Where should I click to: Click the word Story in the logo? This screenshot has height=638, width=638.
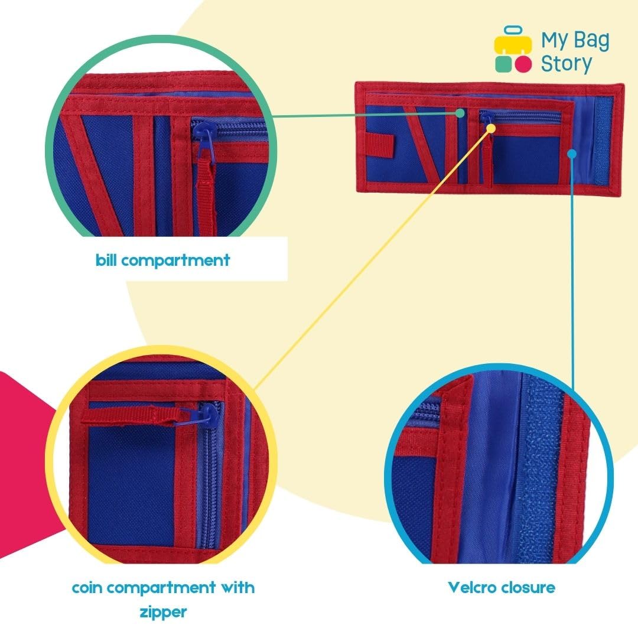(x=567, y=64)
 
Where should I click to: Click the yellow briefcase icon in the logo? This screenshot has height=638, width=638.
(x=513, y=40)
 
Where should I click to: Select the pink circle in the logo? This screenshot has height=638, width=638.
(x=523, y=64)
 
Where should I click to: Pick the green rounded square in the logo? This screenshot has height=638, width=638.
(x=503, y=64)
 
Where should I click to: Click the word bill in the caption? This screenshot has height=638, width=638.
(x=106, y=259)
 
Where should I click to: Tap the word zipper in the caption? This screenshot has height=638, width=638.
(x=163, y=612)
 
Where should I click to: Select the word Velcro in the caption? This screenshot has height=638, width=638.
(x=473, y=587)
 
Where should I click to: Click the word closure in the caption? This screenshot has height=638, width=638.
(x=528, y=587)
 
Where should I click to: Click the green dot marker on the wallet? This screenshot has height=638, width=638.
(x=460, y=113)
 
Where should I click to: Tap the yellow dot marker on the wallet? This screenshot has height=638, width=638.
(x=491, y=128)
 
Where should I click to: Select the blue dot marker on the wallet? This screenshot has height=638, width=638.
(x=572, y=154)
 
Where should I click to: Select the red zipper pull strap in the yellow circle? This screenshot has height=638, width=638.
(x=130, y=415)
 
